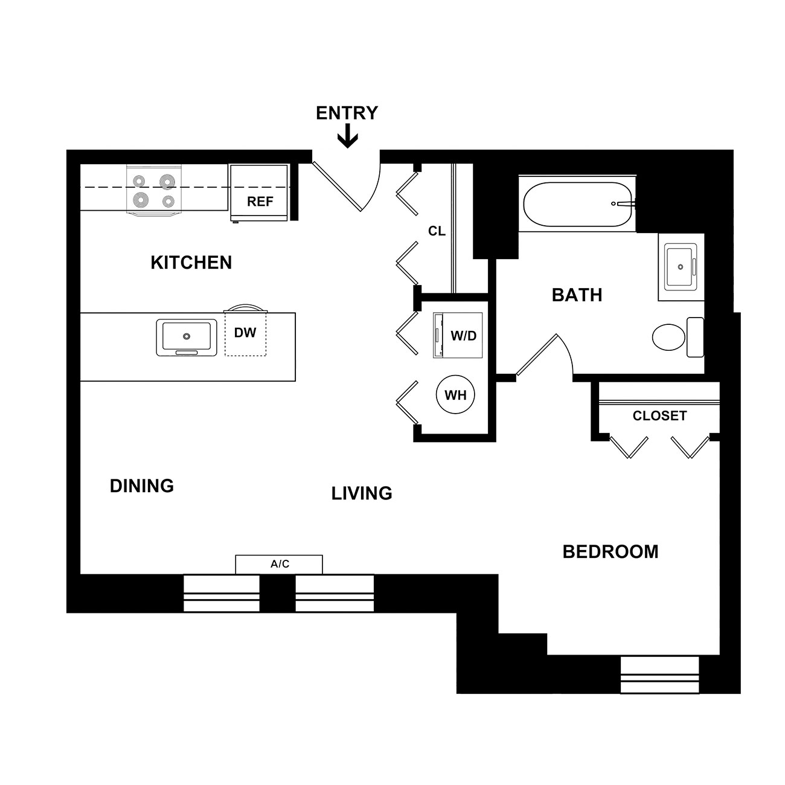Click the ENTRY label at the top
point(347,113)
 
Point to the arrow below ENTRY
point(347,136)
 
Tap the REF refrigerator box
point(259,193)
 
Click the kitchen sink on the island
point(187,338)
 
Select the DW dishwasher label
point(245,333)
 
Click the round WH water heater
point(455,394)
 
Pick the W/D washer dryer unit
point(458,335)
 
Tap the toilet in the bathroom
point(678,338)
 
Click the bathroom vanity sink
point(681,267)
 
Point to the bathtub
point(578,204)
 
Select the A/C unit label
point(280,564)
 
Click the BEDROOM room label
point(610,551)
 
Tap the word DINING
point(142,485)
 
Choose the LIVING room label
point(362,493)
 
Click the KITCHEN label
point(191,262)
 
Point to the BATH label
point(577,295)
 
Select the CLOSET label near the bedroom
point(659,415)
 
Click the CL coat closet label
point(437,231)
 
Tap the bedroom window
point(659,674)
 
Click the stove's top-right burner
point(167,182)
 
